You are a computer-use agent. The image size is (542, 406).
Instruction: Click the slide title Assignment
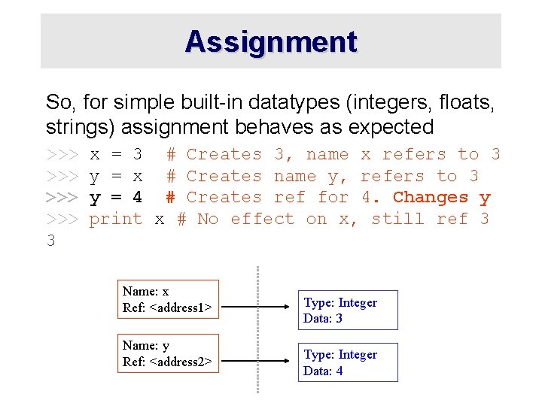(x=271, y=41)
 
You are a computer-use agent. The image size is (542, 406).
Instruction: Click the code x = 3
(x=116, y=155)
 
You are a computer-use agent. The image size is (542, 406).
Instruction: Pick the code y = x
(x=116, y=177)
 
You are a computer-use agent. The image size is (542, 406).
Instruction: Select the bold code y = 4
(x=116, y=198)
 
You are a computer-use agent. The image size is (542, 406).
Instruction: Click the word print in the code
(x=116, y=220)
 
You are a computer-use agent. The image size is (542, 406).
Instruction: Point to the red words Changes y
(x=442, y=198)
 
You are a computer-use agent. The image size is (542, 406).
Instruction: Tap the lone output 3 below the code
(x=50, y=241)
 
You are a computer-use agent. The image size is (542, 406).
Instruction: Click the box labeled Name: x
(x=170, y=299)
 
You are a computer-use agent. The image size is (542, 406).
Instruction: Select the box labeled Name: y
(x=170, y=353)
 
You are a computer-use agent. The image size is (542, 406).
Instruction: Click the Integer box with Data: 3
(x=348, y=310)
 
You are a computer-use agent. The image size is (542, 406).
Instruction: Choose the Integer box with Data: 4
(x=348, y=362)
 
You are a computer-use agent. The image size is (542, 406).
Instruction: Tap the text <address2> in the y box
(x=181, y=362)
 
